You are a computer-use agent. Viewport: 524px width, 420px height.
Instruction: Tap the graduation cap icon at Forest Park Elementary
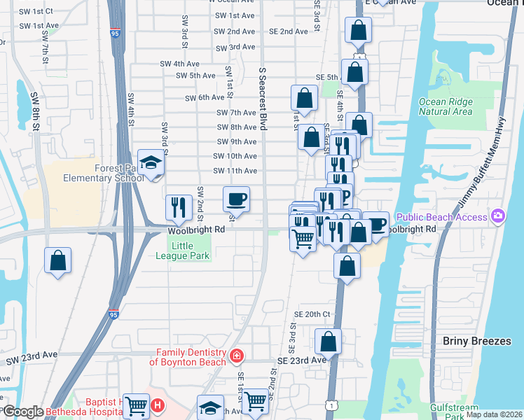pos(150,164)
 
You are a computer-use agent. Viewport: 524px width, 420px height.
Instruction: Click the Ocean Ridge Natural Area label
pos(446,106)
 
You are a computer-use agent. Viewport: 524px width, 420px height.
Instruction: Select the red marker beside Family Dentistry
pos(237,356)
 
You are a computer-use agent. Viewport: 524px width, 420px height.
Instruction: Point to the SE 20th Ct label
pos(312,315)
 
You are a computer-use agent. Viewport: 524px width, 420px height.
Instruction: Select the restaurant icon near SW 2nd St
pos(179,206)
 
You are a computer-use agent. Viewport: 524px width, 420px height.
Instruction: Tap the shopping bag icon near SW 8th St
pos(58,260)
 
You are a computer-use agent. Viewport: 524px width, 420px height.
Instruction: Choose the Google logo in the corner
pos(22,412)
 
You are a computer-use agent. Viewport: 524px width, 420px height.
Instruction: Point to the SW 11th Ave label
pos(235,171)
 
